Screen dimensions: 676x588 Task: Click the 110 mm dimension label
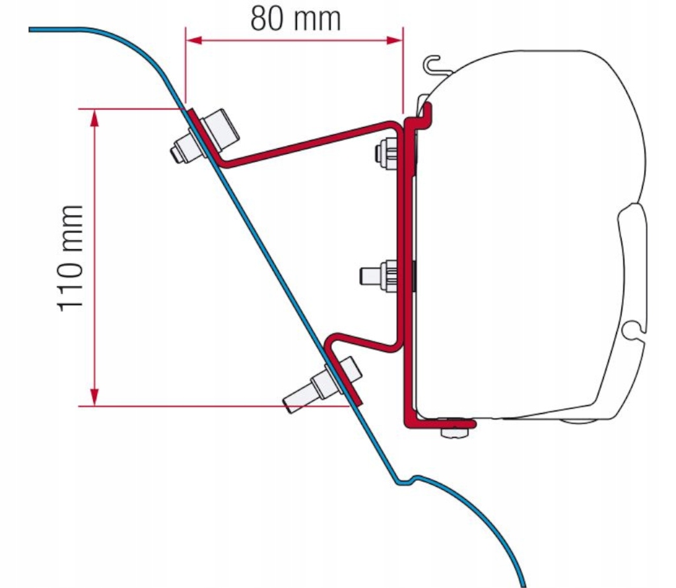[71, 257]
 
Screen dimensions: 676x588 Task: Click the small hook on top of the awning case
[432, 64]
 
